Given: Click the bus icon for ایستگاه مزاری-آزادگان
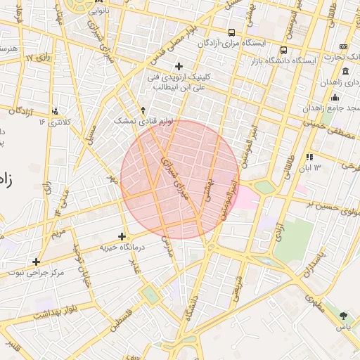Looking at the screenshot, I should [232, 32].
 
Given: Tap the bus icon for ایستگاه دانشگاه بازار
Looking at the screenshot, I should [283, 51].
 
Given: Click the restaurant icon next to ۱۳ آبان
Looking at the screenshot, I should [309, 157].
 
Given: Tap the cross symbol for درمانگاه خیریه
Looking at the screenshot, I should [122, 236].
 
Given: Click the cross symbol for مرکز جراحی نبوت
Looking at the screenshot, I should [36, 262].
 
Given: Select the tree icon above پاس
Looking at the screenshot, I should [343, 316].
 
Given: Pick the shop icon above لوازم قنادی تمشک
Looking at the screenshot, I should [143, 110].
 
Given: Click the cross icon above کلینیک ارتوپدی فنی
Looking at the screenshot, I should [179, 66].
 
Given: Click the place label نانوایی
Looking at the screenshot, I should [98, 11].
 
